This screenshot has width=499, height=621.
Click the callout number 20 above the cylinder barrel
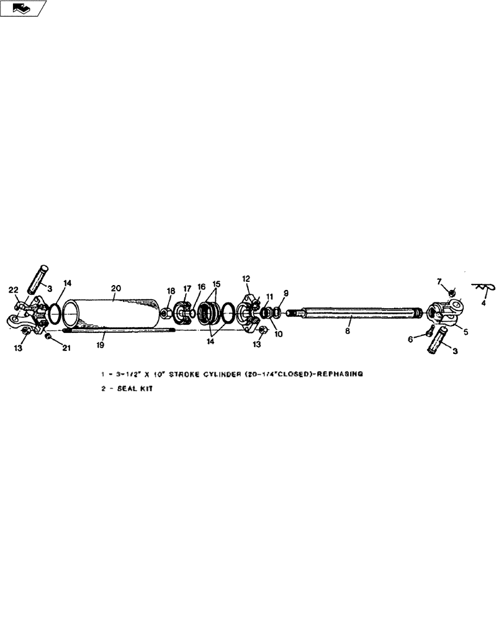pos(116,288)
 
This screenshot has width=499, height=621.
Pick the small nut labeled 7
pos(452,292)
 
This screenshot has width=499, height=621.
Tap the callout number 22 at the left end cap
pos(13,291)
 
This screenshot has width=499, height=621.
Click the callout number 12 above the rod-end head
pos(246,279)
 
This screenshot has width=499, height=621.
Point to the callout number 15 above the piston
pos(217,284)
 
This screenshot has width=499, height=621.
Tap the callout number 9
pos(286,293)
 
